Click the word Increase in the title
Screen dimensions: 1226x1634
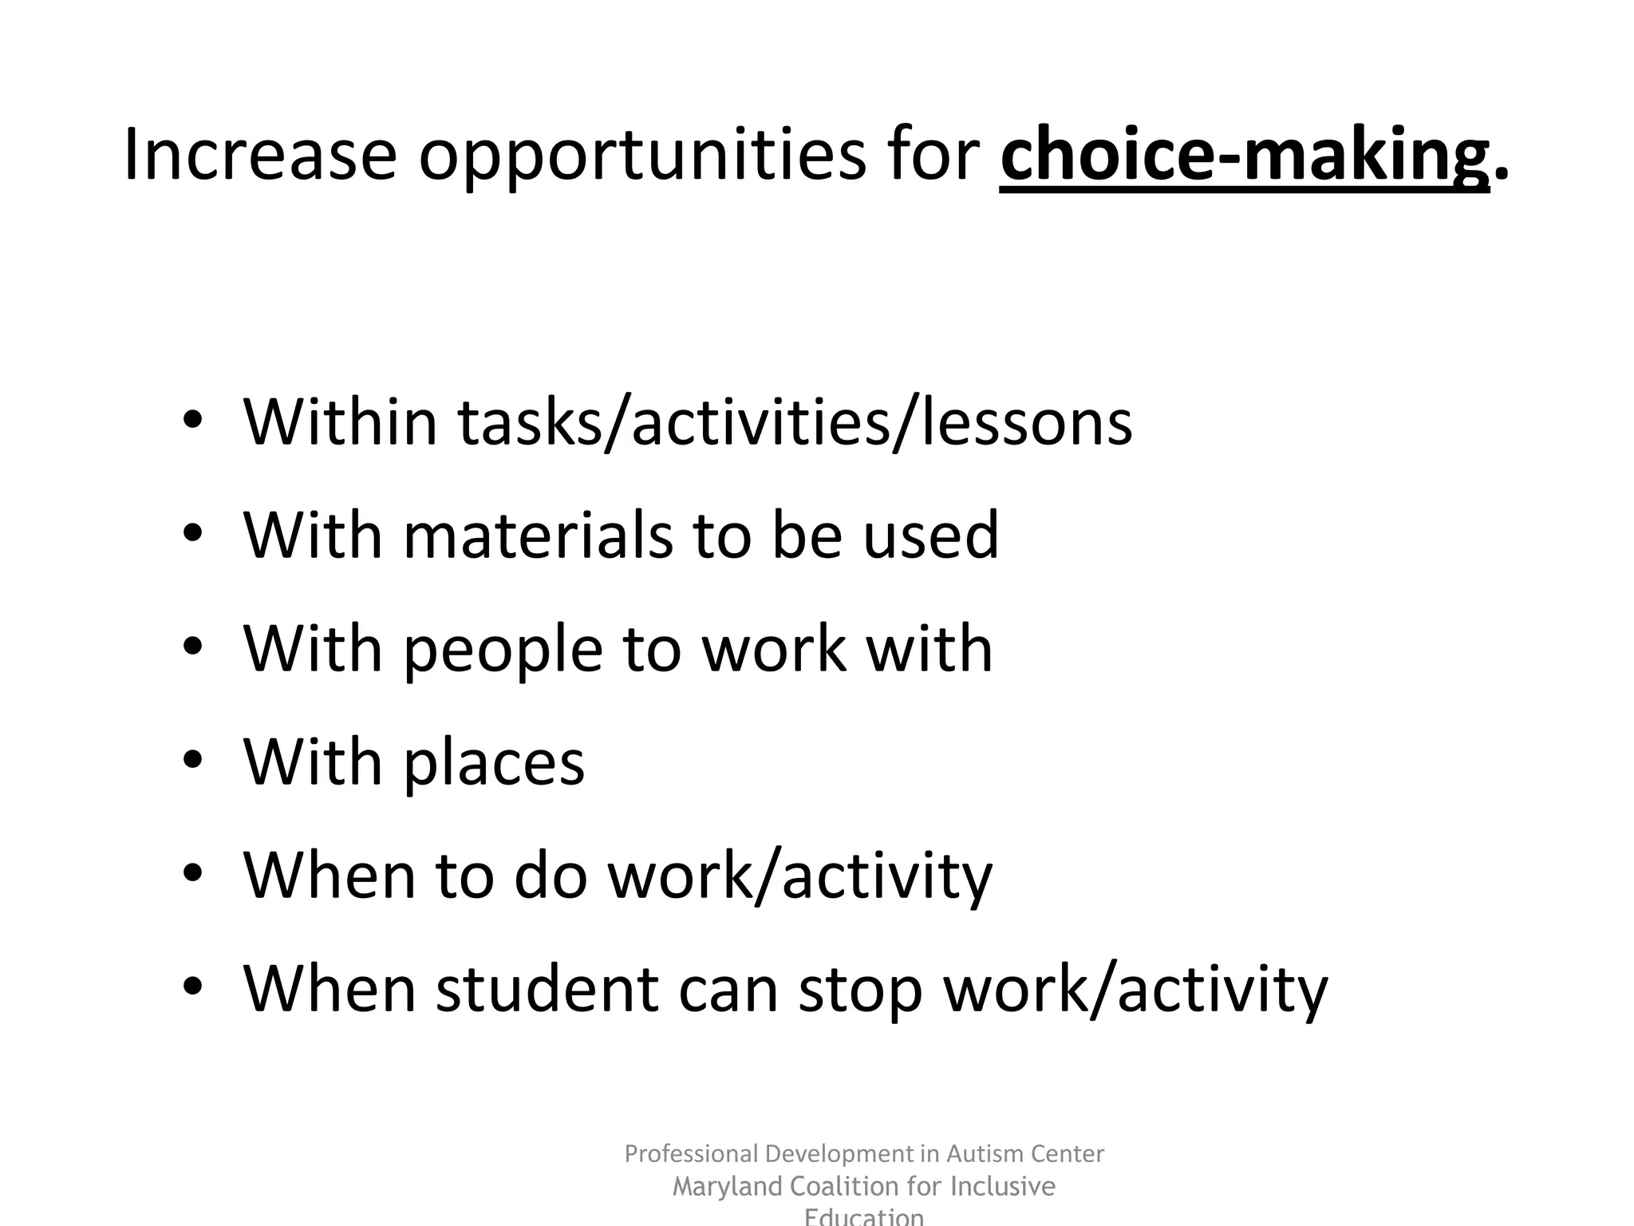[260, 154]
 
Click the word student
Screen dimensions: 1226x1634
[547, 989]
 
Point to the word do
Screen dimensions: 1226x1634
[551, 876]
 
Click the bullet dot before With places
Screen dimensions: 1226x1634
[193, 761]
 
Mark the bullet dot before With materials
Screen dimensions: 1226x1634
[193, 534]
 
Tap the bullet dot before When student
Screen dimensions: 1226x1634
[193, 987]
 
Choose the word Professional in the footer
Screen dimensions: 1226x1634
[690, 1154]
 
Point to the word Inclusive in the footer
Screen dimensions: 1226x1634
[1003, 1187]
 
